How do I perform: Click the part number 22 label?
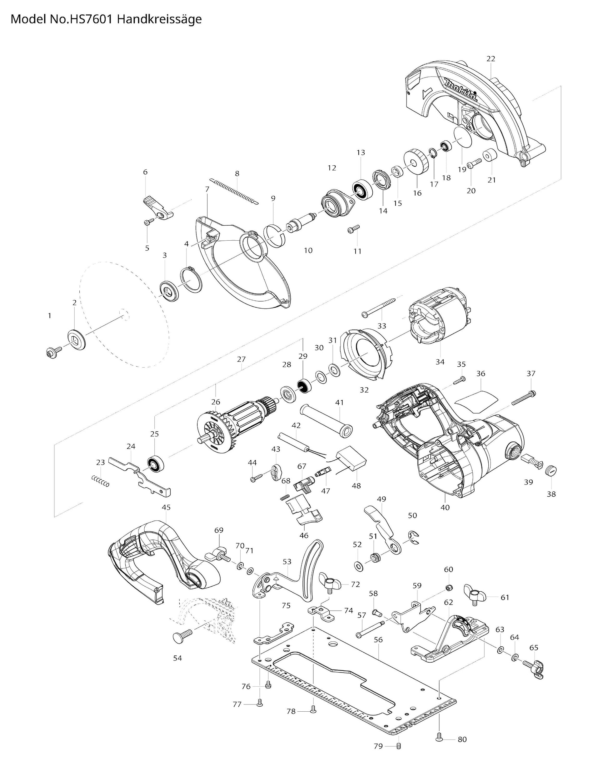491,58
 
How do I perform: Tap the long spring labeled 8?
235,192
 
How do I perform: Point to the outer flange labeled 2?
77,339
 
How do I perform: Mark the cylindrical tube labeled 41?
326,421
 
